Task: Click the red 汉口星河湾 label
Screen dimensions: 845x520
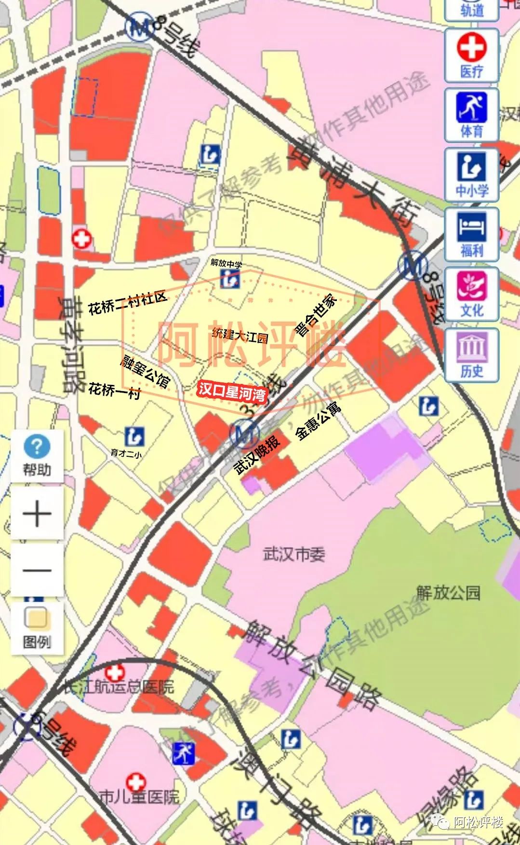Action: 232,391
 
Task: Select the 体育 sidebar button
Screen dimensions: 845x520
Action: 471,115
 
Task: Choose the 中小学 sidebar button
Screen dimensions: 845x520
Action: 471,175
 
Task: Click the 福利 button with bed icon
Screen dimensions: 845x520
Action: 471,235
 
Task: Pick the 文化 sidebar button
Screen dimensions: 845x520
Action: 471,295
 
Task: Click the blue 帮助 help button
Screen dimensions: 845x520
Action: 37,455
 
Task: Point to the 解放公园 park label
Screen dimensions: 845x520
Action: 448,592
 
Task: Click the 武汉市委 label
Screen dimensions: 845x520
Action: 294,554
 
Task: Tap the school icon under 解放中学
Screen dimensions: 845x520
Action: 230,279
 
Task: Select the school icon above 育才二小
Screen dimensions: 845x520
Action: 134,436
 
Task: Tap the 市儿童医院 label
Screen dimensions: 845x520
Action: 139,796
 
